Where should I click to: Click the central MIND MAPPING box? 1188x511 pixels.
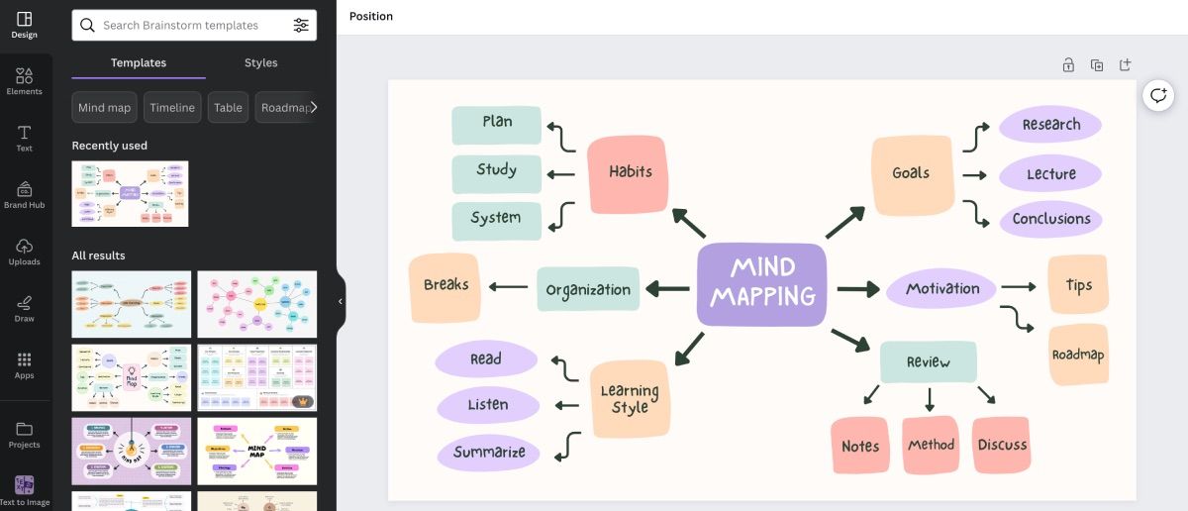click(761, 283)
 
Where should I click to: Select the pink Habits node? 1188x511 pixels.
click(630, 172)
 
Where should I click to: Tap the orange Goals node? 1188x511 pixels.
click(911, 173)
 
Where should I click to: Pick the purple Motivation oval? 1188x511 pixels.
click(941, 289)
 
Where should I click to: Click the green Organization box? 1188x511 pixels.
click(588, 290)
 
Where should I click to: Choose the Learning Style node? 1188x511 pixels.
click(630, 399)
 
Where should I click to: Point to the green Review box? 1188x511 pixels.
click(928, 362)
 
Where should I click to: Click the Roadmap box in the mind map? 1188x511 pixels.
click(1078, 355)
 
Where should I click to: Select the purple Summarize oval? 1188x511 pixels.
click(489, 453)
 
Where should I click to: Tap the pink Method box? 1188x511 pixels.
click(931, 446)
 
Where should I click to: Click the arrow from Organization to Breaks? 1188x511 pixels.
click(509, 288)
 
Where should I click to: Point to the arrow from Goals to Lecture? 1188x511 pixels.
click(975, 175)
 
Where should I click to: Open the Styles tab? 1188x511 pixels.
click(260, 63)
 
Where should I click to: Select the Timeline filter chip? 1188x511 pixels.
click(172, 108)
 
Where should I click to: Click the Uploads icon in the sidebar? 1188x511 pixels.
click(25, 252)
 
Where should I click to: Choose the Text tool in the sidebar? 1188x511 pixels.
click(25, 138)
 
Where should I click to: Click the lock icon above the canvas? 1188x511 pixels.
click(1068, 65)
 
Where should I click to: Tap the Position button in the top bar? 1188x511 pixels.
click(370, 17)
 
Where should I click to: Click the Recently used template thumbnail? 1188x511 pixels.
click(130, 194)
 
